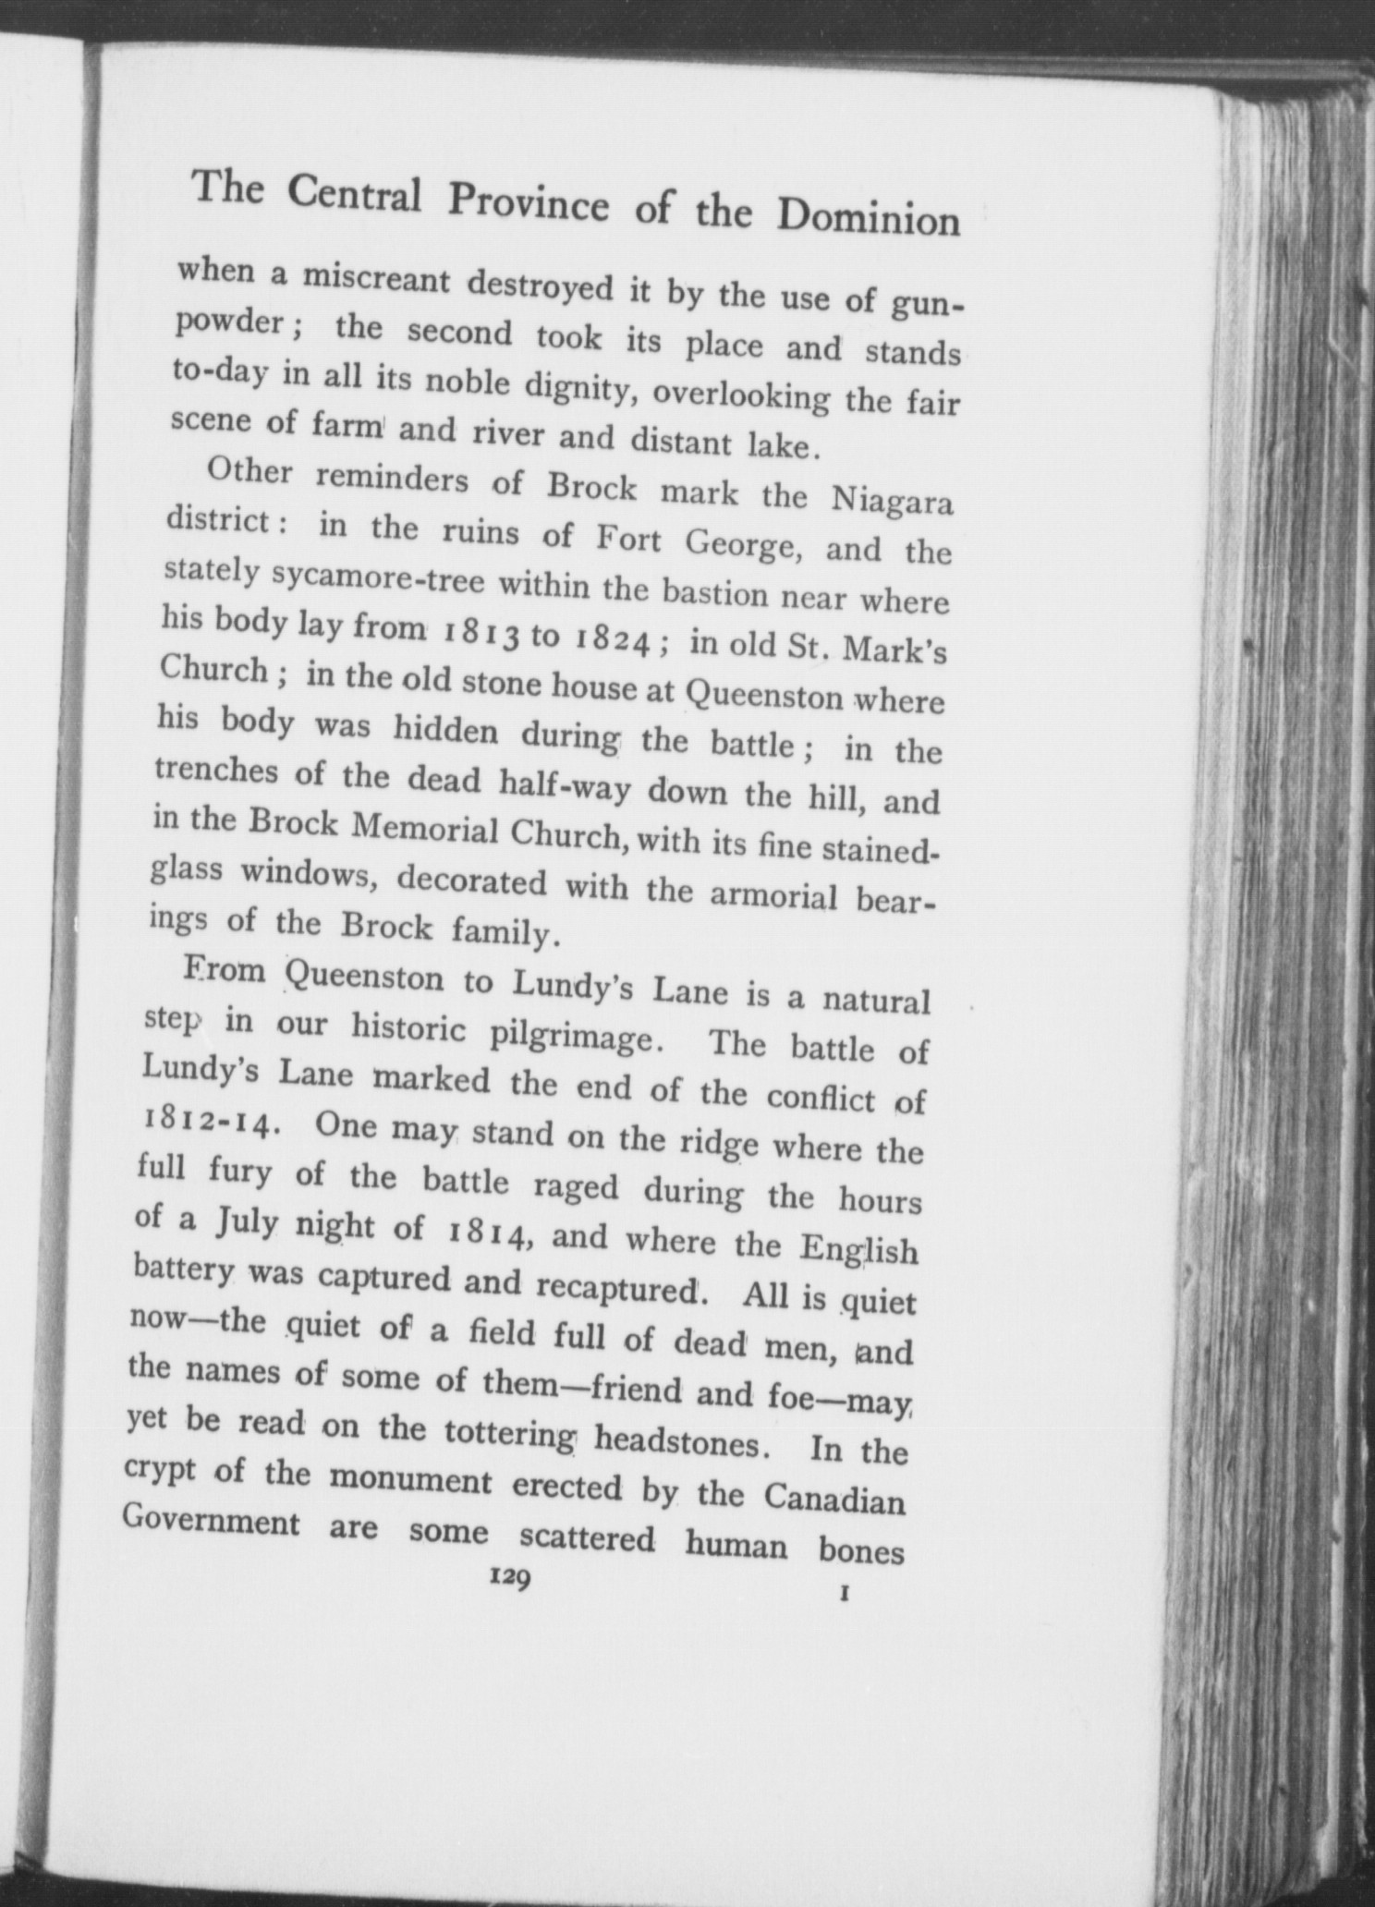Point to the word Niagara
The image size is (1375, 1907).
coord(891,502)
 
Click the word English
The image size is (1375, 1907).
coord(858,1248)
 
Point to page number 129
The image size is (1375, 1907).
coord(509,1580)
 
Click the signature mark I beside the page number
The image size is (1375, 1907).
coord(845,1593)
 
